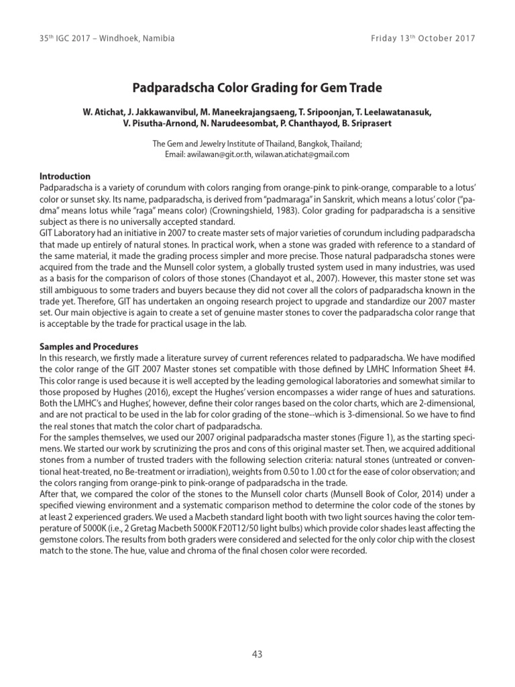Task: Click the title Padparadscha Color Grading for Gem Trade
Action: point(257,87)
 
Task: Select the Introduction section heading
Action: point(65,176)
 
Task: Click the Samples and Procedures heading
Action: point(89,347)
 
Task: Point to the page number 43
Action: point(257,655)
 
